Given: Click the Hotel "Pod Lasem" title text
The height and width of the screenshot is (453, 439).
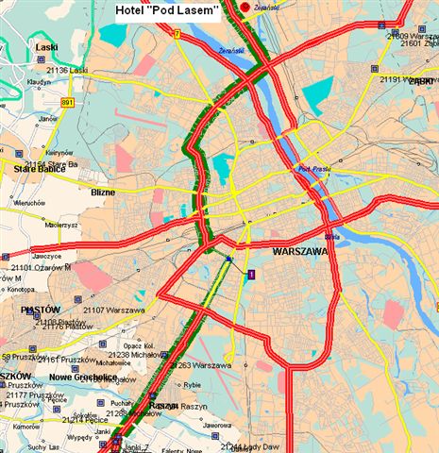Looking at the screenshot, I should point(166,10).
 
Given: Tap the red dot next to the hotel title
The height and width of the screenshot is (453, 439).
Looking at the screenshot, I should point(245,8).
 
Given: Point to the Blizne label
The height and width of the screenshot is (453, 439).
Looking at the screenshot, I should point(103,192).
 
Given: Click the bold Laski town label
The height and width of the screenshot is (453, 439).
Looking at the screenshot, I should point(46,46).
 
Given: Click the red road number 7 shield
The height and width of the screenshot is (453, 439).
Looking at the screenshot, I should point(177,33).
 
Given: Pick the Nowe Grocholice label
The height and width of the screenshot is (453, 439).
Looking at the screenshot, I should point(66,377).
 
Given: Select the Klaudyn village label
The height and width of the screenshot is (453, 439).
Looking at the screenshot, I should point(39,82).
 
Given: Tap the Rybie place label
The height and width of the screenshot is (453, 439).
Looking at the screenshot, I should point(192,384).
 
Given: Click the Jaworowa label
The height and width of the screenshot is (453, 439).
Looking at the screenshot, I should point(215,426).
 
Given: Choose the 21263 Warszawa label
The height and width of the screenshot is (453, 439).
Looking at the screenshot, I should point(203,365).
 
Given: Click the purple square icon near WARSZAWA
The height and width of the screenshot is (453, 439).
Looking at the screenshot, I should point(251,274).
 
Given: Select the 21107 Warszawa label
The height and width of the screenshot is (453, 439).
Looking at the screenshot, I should point(113,310).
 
